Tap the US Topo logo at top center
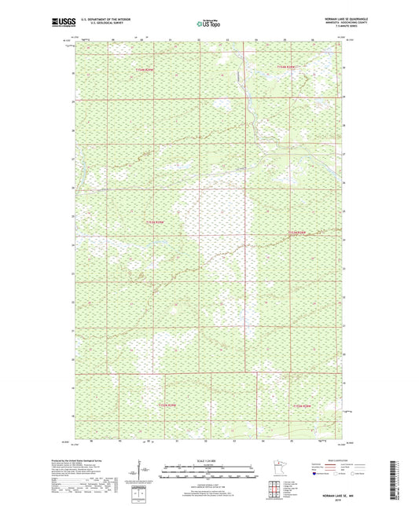pos(208,24)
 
